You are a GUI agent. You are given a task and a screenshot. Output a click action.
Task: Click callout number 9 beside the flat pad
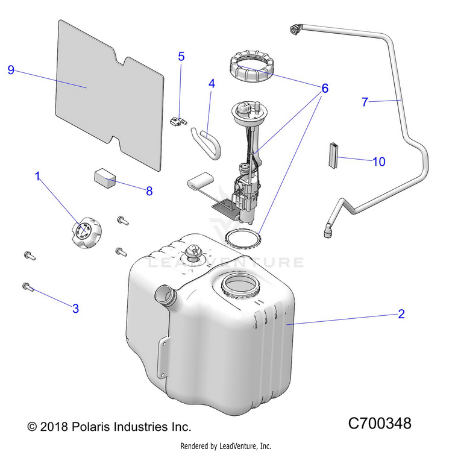point(11,70)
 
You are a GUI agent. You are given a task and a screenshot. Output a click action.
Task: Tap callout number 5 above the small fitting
point(181,57)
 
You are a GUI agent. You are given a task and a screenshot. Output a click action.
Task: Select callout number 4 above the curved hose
point(212,84)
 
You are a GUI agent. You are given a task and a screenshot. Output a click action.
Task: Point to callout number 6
point(325,88)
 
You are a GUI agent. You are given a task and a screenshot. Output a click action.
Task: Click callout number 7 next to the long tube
point(365,102)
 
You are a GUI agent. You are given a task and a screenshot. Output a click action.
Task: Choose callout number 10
point(378,162)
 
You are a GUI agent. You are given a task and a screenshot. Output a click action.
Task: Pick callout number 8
point(149,191)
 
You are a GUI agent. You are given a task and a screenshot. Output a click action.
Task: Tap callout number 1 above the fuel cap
point(37,177)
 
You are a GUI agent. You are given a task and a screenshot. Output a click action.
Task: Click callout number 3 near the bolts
point(75,309)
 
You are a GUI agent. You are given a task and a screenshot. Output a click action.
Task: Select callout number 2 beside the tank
point(401,314)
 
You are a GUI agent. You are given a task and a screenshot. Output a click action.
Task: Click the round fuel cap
point(85,234)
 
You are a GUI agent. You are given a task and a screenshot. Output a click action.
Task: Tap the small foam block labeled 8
point(105,179)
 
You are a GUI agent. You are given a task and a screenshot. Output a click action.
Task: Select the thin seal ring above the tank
point(243,237)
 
